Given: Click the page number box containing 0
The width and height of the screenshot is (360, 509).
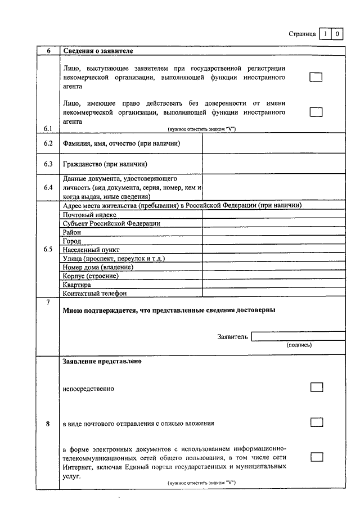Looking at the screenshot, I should [x=337, y=34].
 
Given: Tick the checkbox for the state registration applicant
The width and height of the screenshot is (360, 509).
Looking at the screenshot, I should [x=316, y=77].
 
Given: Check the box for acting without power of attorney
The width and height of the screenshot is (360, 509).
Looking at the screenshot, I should [x=316, y=112].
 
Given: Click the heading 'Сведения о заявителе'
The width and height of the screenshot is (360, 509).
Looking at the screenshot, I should [x=98, y=51].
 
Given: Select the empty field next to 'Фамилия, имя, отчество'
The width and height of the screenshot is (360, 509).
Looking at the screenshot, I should [x=274, y=143].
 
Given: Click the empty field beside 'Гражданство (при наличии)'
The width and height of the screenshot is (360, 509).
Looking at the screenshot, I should [x=274, y=164].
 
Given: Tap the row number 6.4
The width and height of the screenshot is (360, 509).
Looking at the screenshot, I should [x=48, y=187].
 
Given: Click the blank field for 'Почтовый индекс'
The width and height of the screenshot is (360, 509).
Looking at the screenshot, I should [x=274, y=214].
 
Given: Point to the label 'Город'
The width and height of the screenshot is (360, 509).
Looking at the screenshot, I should [x=72, y=241].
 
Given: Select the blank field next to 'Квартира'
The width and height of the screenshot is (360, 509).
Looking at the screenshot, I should [x=274, y=285].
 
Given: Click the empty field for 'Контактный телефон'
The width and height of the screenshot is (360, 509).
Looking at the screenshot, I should [x=274, y=293].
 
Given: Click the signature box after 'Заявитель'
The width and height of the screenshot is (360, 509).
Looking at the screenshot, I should [x=298, y=336].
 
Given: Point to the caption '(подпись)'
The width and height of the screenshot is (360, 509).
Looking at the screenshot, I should [x=299, y=345].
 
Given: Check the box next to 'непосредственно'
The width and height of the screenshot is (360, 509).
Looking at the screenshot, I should [x=317, y=387].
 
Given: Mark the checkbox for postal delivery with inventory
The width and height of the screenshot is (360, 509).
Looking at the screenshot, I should [x=317, y=422].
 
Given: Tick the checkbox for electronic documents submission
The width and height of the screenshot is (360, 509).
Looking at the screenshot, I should [x=317, y=457].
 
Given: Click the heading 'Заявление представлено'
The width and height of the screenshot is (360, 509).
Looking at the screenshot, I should [x=102, y=361].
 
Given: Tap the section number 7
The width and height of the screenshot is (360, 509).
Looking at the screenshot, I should [x=48, y=303].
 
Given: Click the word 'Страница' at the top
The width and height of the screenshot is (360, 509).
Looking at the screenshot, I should [x=302, y=34].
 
